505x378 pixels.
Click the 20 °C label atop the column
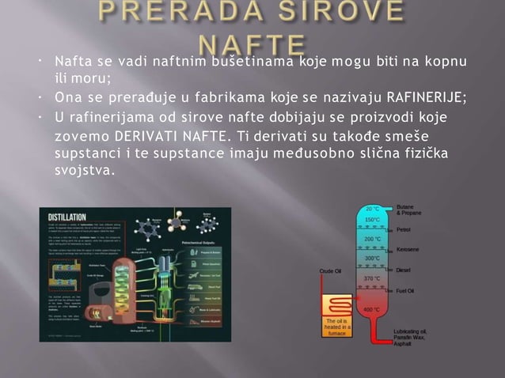372,209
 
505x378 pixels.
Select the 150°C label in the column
372,219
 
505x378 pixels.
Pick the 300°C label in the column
372,258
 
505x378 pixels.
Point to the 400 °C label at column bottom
372,309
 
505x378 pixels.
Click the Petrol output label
404,229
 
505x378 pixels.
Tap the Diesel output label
404,270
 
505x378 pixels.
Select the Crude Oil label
331,270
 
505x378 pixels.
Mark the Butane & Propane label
410,210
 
